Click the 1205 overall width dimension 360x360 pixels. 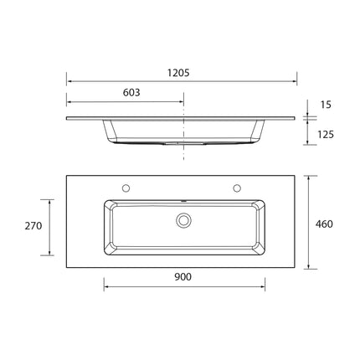(178, 73)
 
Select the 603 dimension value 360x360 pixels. (131, 92)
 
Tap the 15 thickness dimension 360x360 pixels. (326, 105)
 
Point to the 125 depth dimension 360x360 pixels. (326, 135)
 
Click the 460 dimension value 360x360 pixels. (324, 224)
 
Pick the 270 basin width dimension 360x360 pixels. (33, 226)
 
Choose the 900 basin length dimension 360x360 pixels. (183, 277)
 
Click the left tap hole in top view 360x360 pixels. (126, 188)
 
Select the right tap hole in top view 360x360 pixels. (237, 188)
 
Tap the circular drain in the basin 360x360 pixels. (183, 220)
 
